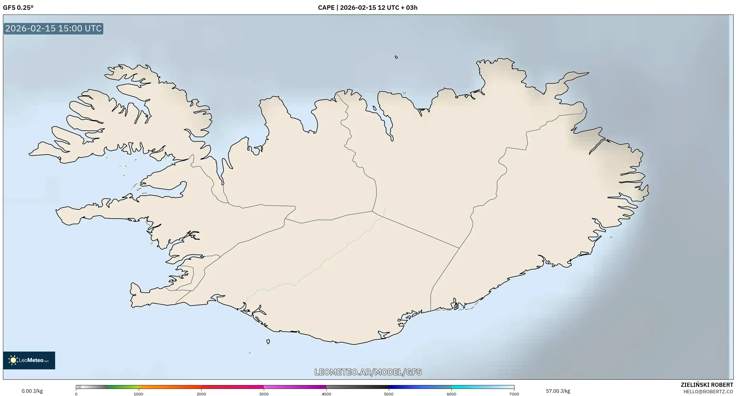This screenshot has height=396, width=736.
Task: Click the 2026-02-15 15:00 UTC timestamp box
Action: pos(53,28)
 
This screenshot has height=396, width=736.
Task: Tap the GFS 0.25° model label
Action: pos(18,8)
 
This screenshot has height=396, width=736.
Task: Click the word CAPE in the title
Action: pos(326,8)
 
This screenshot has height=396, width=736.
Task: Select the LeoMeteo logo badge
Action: pos(29,360)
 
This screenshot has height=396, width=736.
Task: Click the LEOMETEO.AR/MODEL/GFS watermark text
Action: pos(368,372)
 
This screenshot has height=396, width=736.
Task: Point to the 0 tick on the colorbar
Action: pos(76,394)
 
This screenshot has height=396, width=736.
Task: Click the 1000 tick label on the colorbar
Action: pos(138,394)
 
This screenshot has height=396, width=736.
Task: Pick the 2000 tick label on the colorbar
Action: pos(201,394)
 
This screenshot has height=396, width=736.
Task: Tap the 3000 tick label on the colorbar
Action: pos(264,394)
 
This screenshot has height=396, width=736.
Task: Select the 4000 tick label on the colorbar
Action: pos(326,394)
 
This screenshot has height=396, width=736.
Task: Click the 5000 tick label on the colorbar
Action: pos(389,394)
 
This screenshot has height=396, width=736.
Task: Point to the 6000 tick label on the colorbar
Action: pos(451,394)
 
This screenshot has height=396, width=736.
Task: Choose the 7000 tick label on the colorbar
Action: pos(514,394)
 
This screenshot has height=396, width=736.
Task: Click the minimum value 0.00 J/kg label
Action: pos(32,391)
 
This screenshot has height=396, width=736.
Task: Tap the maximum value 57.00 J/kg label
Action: pos(558,391)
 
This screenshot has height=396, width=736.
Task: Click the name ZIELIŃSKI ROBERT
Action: pos(707,385)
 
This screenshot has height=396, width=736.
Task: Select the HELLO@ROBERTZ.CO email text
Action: pos(708,392)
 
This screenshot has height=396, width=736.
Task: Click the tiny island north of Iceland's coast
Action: pos(396,57)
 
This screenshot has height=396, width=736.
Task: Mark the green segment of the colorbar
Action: pos(122,387)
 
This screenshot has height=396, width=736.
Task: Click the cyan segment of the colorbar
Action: pos(465,387)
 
